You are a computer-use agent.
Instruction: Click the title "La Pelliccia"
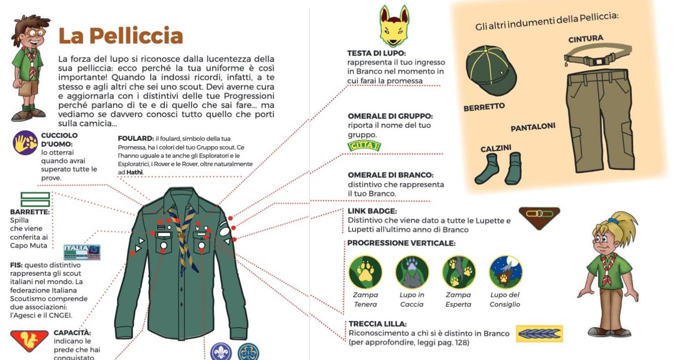point(120,36)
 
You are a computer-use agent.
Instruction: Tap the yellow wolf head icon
point(394,26)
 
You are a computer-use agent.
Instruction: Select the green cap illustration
point(490,70)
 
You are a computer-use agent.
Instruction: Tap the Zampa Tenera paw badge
point(365,272)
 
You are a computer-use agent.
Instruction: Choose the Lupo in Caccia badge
point(412,272)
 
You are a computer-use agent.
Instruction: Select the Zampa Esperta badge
point(458,272)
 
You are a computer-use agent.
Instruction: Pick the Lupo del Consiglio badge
point(505,272)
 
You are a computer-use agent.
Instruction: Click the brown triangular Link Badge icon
point(539,217)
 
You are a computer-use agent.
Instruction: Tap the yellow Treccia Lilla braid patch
point(539,334)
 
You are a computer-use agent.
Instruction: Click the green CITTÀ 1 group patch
point(364,146)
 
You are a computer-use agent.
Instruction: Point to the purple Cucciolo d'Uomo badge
point(25,143)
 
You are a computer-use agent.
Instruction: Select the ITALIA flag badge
point(82,252)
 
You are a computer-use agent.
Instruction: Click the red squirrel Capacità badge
point(29,340)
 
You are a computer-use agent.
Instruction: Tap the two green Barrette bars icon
point(35,199)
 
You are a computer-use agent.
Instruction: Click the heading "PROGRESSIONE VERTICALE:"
point(401,243)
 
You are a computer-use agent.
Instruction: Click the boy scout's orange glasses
point(35,32)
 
